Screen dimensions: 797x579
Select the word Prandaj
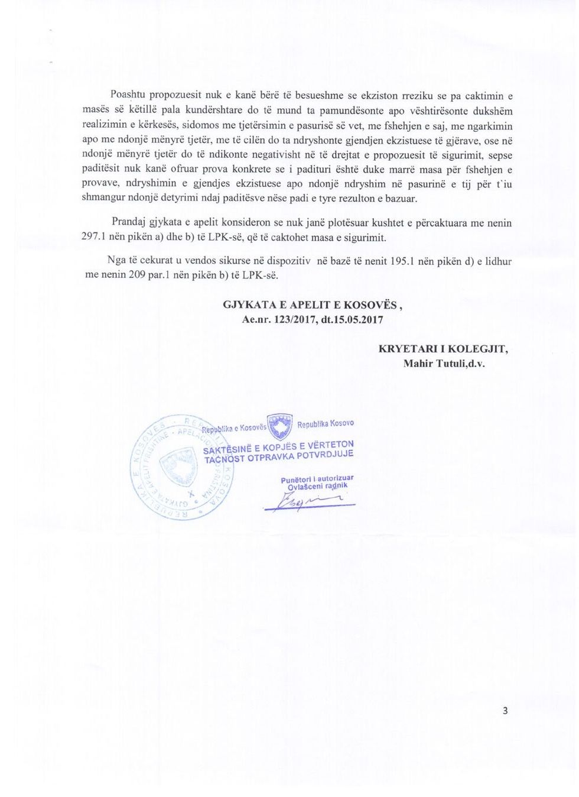point(129,223)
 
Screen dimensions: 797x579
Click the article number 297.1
point(93,238)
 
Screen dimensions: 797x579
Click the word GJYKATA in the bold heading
point(249,305)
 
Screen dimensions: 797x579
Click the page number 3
point(505,711)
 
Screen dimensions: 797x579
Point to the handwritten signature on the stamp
point(310,503)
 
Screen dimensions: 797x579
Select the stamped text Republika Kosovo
point(326,424)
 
